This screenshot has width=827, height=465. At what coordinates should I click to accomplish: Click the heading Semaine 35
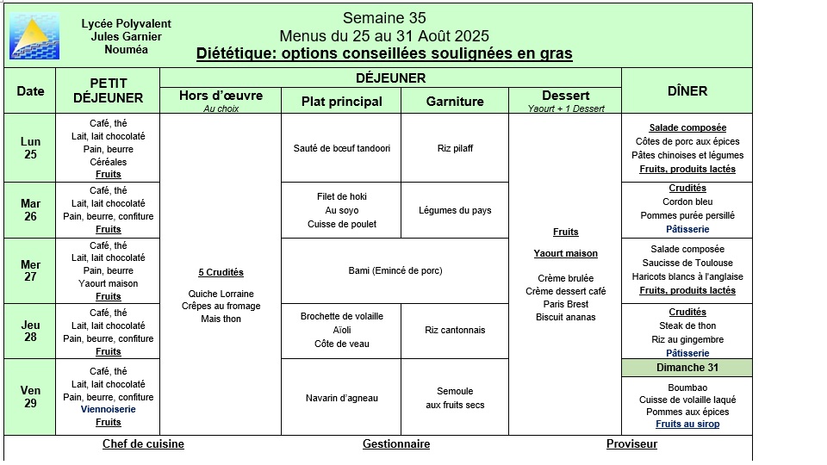pyautogui.click(x=384, y=18)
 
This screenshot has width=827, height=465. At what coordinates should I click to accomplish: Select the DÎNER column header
pyautogui.click(x=687, y=91)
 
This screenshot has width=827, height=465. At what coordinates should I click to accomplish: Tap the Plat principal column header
pyautogui.click(x=341, y=102)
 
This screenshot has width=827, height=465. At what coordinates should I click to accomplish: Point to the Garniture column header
pyautogui.click(x=455, y=102)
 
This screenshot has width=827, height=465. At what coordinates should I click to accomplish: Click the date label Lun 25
pyautogui.click(x=30, y=148)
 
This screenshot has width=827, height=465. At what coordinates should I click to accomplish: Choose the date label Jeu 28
pyautogui.click(x=30, y=332)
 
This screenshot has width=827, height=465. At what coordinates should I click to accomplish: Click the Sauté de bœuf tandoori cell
pyautogui.click(x=341, y=148)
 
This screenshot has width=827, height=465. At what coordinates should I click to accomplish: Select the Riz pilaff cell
pyautogui.click(x=455, y=148)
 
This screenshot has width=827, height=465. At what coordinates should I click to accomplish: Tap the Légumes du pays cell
pyautogui.click(x=455, y=210)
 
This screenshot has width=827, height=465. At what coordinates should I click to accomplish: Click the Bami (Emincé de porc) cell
pyautogui.click(x=395, y=270)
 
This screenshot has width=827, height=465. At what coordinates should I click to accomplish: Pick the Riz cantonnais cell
pyautogui.click(x=455, y=330)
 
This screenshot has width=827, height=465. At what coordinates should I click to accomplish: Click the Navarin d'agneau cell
pyautogui.click(x=341, y=398)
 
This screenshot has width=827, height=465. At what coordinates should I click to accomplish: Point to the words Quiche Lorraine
pyautogui.click(x=221, y=294)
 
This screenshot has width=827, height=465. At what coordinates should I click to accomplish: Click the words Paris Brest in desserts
pyautogui.click(x=565, y=304)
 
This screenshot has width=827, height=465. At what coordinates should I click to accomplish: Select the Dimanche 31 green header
pyautogui.click(x=687, y=368)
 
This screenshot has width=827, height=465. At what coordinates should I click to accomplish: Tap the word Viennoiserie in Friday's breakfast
pyautogui.click(x=109, y=410)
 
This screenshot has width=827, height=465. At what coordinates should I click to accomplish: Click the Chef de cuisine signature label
pyautogui.click(x=143, y=444)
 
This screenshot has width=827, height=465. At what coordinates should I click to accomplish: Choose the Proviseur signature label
pyautogui.click(x=631, y=444)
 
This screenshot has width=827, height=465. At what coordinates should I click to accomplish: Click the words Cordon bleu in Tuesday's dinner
pyautogui.click(x=687, y=201)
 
